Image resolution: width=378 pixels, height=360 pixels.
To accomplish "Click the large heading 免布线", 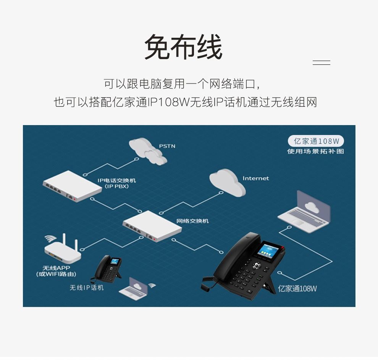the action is pyautogui.click(x=183, y=47).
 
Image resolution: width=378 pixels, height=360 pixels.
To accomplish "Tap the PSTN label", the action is pyautogui.click(x=167, y=146).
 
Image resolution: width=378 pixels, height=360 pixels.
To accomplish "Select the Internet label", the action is pyautogui.click(x=255, y=178).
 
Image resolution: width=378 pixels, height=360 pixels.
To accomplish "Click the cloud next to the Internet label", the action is pyautogui.click(x=227, y=183).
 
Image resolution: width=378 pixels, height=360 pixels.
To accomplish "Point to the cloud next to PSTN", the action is pyautogui.click(x=147, y=151).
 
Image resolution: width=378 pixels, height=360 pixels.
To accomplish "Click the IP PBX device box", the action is pyautogui.click(x=72, y=186).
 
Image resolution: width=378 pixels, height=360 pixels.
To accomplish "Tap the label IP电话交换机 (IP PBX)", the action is pyautogui.click(x=117, y=183).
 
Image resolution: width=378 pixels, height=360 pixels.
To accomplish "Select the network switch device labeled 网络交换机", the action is pyautogui.click(x=152, y=226).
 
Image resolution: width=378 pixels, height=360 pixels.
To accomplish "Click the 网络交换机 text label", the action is pyautogui.click(x=192, y=221).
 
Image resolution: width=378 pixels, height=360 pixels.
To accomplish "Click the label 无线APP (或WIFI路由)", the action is pyautogui.click(x=56, y=271).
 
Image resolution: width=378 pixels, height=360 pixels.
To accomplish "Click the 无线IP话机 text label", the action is pyautogui.click(x=87, y=288).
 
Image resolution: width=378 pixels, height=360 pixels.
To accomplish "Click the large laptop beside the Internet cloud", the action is pyautogui.click(x=305, y=212).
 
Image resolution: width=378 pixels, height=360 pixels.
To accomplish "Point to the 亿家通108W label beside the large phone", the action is pyautogui.click(x=297, y=288).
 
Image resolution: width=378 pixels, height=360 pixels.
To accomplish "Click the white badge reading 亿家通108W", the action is pyautogui.click(x=316, y=141).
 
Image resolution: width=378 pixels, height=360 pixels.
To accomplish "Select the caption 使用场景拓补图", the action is pyautogui.click(x=315, y=151).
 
